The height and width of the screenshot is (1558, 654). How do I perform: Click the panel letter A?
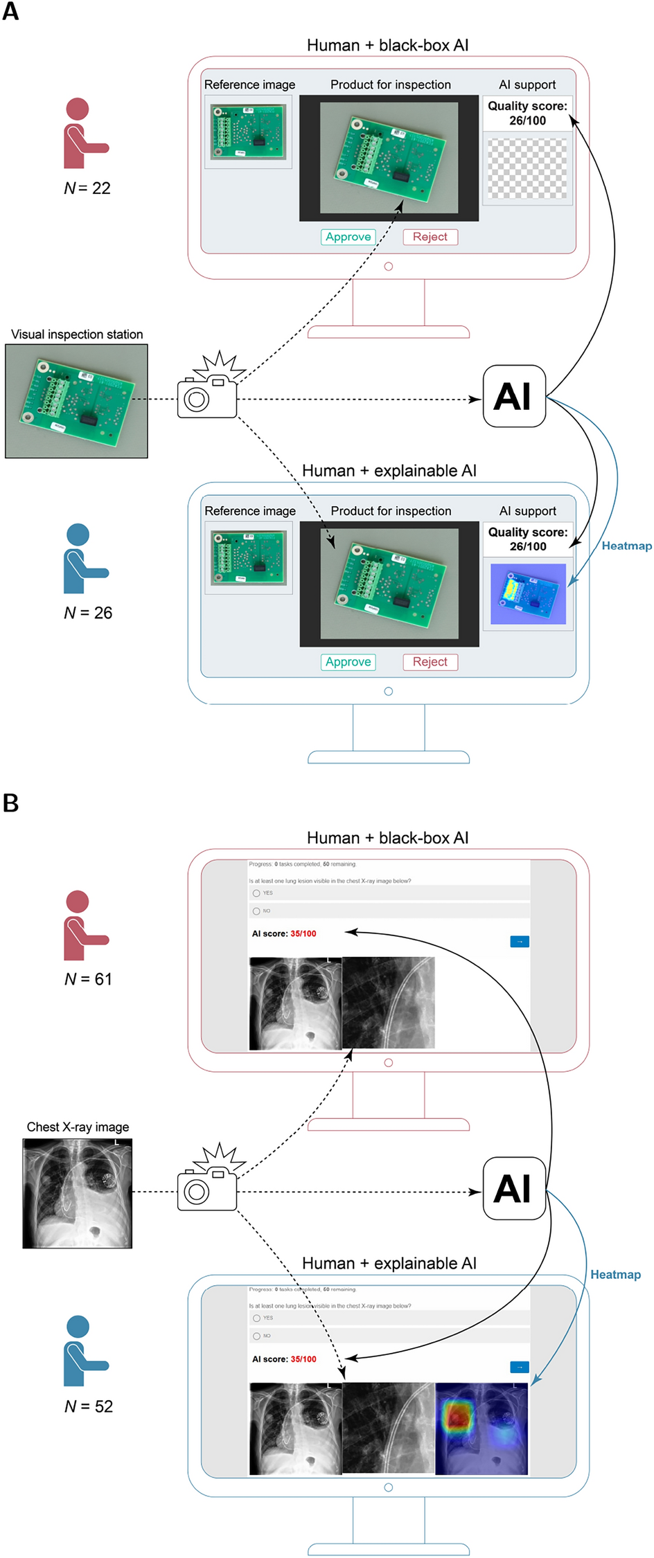(10, 12)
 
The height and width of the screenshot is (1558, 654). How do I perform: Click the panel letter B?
(10, 803)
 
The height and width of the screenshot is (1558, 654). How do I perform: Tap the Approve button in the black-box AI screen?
(348, 237)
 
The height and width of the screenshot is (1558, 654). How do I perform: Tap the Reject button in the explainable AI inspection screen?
(430, 662)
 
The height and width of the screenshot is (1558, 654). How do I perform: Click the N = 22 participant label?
(87, 188)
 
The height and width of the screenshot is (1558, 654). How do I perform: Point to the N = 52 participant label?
(88, 1406)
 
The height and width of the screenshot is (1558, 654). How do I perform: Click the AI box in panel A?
(514, 397)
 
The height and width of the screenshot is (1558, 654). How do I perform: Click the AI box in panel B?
(514, 1188)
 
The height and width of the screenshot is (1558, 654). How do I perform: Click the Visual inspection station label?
(77, 334)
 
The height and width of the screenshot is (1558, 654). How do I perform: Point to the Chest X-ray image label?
(78, 1127)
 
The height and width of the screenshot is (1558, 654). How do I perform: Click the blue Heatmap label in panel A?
(626, 546)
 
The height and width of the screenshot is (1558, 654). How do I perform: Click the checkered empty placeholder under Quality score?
(527, 168)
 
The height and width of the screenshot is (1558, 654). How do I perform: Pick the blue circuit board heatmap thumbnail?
(528, 594)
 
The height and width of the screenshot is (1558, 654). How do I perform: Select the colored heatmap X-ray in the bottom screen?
(481, 1429)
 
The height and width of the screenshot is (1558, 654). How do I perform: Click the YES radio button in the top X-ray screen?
(257, 893)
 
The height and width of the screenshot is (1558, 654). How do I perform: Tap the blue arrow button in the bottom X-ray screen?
(519, 1367)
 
